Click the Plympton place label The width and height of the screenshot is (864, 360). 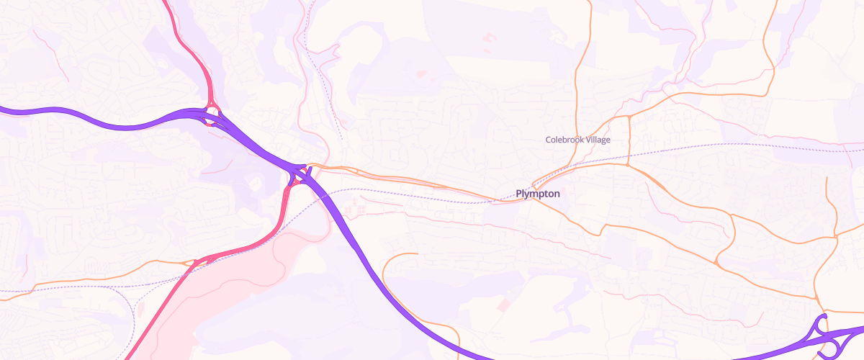coord(538,194)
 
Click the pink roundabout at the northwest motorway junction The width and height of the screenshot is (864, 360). coord(212,112)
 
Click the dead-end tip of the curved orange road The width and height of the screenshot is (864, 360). coord(417,253)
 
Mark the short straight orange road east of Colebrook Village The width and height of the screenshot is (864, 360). coord(629,140)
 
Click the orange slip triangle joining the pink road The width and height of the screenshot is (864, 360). coord(194,262)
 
